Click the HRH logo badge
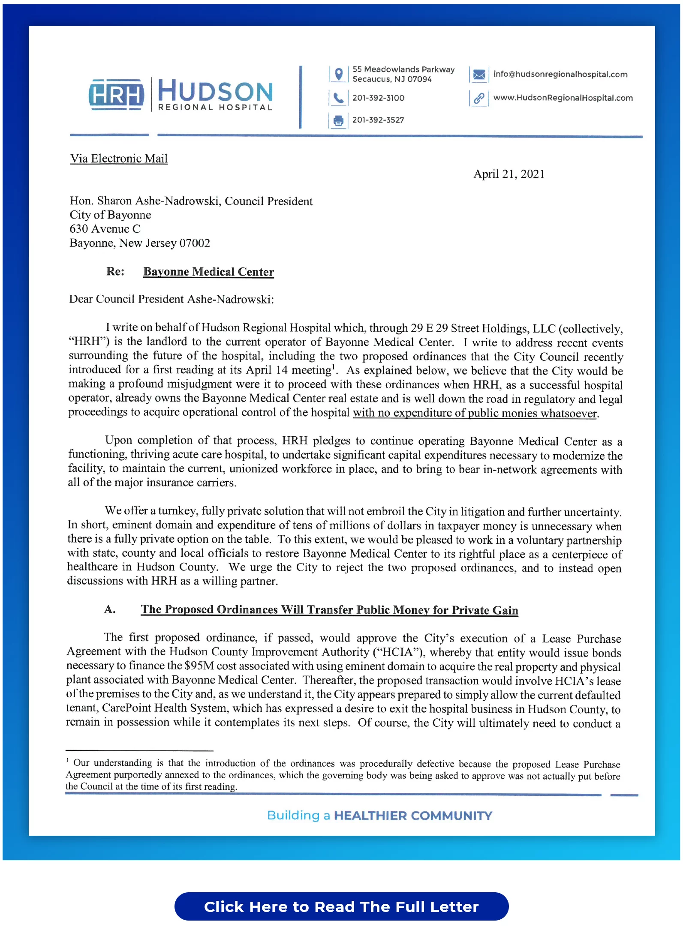[x=116, y=95]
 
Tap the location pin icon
[x=338, y=74]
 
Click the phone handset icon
[x=338, y=98]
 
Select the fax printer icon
[x=338, y=120]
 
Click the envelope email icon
[x=479, y=75]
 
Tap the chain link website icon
[x=479, y=99]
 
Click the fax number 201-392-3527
[x=378, y=120]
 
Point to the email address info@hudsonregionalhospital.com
[x=560, y=74]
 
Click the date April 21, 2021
[x=508, y=174]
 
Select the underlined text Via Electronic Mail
[x=119, y=159]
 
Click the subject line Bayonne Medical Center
[x=208, y=272]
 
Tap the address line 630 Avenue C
[x=105, y=229]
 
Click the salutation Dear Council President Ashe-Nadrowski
[x=172, y=299]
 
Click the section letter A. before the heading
[x=110, y=609]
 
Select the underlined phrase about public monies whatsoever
[x=475, y=413]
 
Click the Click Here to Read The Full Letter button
[x=341, y=906]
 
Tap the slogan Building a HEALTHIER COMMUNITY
[x=379, y=815]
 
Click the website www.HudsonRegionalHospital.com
[x=563, y=98]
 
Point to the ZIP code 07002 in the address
[x=195, y=243]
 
